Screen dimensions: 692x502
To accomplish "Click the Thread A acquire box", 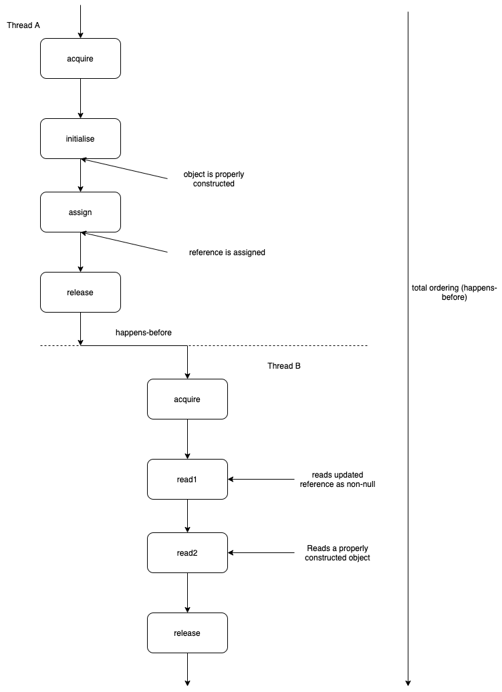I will [80, 58].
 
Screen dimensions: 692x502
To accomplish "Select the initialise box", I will [80, 138].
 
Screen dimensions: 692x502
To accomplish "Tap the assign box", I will [80, 212].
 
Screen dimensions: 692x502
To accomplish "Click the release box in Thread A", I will [80, 292].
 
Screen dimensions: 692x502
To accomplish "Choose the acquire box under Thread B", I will [187, 399].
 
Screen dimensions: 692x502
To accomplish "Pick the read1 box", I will [187, 479].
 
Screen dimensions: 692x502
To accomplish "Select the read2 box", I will [187, 552].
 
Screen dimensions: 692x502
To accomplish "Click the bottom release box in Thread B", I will [187, 633].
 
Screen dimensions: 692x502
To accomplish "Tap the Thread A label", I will [23, 25].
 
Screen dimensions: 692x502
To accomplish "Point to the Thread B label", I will [284, 365].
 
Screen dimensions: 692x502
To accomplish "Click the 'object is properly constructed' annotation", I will [209, 179].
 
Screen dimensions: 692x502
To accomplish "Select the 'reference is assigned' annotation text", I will [227, 252].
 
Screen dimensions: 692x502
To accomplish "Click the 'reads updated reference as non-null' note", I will [337, 479].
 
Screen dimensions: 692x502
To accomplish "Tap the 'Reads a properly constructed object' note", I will [337, 552].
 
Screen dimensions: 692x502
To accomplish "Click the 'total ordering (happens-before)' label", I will [454, 293].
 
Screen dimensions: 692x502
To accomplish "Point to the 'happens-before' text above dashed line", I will [144, 332].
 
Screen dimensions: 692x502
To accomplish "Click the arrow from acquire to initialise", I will [80, 98].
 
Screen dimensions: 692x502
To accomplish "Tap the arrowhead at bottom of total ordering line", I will [408, 683].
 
